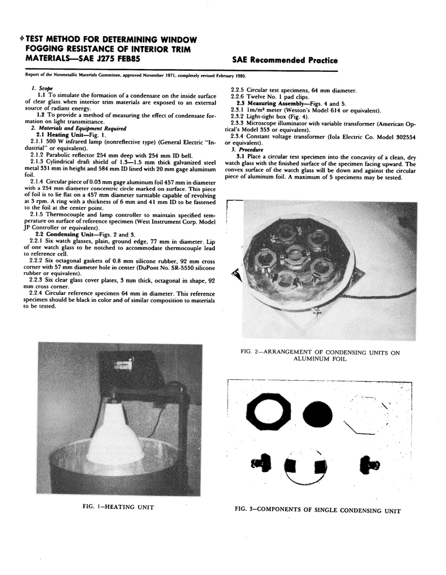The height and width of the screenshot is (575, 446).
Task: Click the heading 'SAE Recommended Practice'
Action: [x=285, y=60]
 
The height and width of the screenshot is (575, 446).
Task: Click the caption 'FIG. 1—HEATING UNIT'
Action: [x=118, y=507]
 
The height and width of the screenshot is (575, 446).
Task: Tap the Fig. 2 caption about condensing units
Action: [x=322, y=355]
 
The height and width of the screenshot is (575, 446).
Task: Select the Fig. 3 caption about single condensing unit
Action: [x=318, y=510]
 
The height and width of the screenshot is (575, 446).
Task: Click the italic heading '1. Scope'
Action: [x=42, y=88]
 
